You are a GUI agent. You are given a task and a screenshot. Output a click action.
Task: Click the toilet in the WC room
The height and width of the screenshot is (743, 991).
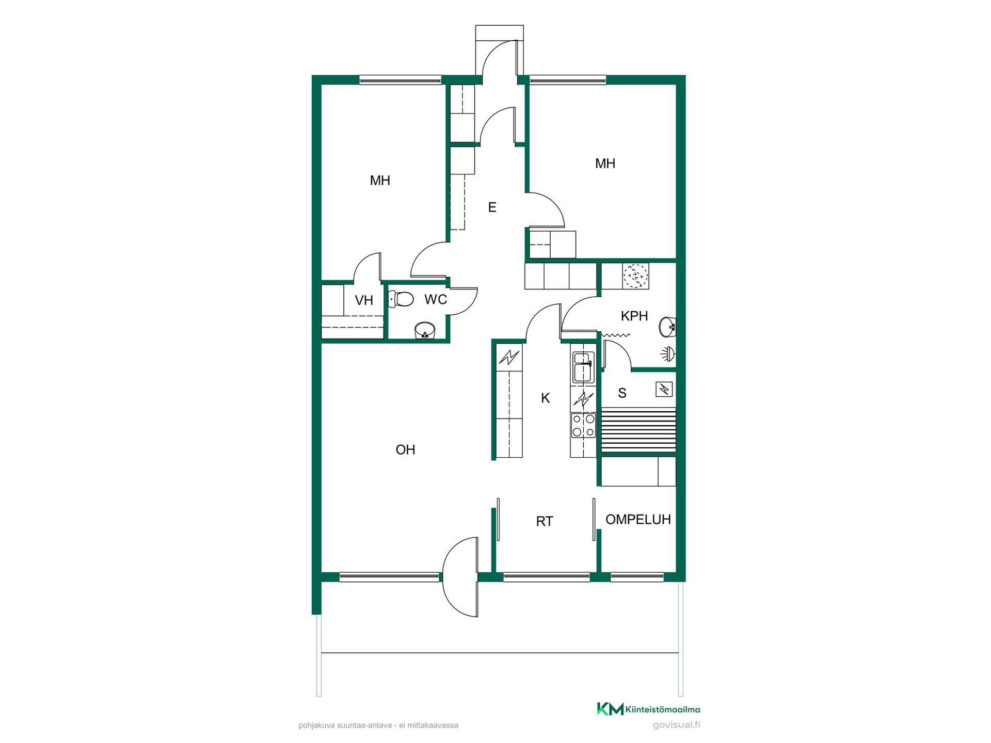pos(401,299)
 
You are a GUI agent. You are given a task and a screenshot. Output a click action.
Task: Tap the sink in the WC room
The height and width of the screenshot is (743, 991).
pos(425,330)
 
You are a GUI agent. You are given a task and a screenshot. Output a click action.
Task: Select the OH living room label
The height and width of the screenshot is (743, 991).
pos(405,449)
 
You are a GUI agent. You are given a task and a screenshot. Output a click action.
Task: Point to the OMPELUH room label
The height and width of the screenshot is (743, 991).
pos(638,520)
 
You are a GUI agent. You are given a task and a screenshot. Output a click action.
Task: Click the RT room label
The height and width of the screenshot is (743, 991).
pos(545,521)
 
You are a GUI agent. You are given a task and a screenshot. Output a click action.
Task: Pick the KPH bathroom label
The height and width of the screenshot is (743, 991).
pos(634,316)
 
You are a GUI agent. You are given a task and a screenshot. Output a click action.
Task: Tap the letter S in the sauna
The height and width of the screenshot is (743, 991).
pos(622,393)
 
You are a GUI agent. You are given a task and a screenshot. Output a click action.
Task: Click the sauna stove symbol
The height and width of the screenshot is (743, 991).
pos(664,389)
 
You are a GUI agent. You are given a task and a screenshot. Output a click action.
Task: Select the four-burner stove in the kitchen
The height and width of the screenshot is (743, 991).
pos(583,426)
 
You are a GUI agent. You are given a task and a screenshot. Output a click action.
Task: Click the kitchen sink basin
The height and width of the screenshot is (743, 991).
pos(583,366)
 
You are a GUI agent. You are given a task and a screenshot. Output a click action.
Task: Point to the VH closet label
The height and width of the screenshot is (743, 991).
pos(364,300)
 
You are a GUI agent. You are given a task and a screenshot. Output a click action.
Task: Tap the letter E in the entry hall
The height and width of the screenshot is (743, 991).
pos(492,207)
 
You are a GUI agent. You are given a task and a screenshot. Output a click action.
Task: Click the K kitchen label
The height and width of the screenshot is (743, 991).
pos(546,398)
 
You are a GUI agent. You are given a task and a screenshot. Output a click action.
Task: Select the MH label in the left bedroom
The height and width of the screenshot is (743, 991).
pos(380,181)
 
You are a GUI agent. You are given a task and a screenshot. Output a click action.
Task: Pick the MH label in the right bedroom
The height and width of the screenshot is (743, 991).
pos(605,164)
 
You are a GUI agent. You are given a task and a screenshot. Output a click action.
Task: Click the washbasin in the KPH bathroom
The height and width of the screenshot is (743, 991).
pos(667,326)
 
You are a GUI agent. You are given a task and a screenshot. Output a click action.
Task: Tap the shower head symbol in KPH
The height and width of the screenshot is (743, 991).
pos(668,353)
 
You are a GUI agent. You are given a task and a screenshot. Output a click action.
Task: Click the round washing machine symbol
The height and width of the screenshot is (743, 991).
pos(635,276)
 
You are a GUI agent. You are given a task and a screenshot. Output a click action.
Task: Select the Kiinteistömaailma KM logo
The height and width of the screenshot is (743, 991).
pos(648,709)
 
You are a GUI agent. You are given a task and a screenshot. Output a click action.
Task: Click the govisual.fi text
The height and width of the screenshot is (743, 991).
pos(676,725)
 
